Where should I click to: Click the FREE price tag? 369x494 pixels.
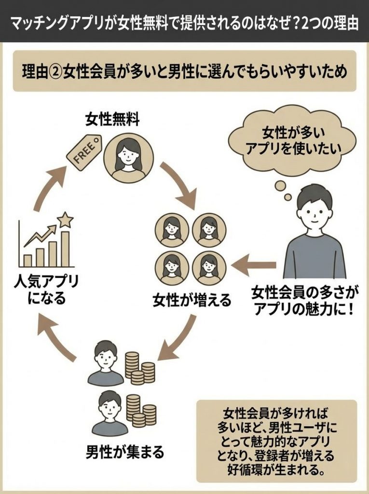83,153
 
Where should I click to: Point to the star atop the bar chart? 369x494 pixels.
65,220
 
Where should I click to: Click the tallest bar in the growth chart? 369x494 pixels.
65,248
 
